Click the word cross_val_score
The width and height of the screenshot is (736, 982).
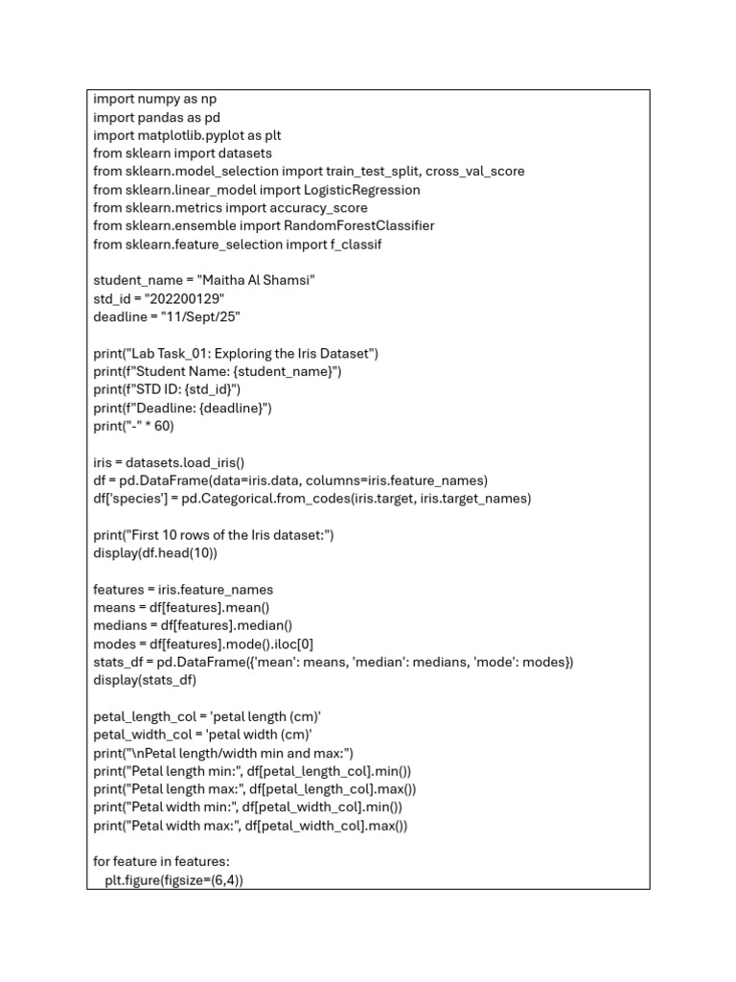click(x=475, y=172)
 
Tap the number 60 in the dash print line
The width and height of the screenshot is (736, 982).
click(x=164, y=426)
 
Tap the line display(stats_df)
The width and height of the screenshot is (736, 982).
click(x=146, y=681)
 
